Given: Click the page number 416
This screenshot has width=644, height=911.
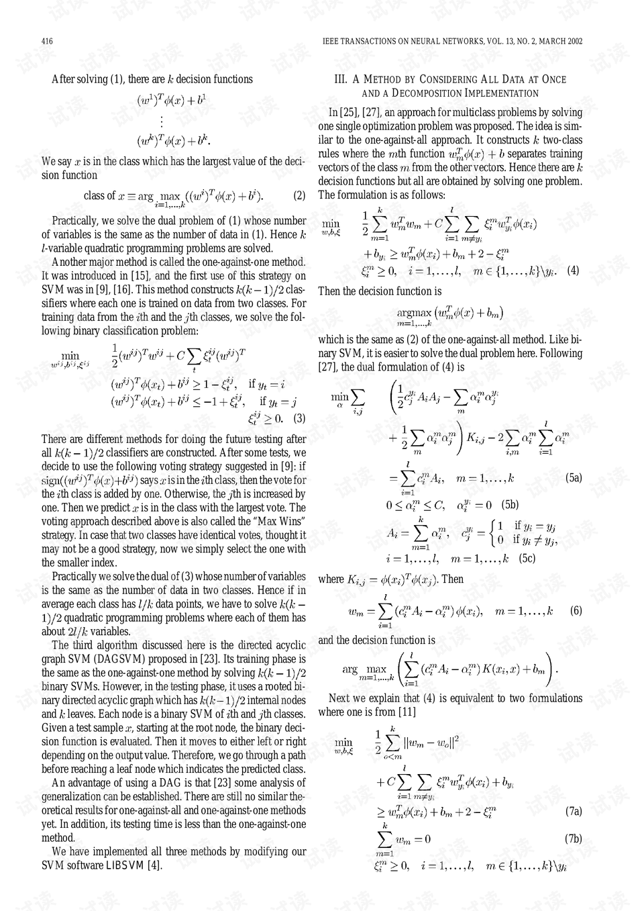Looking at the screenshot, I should click(x=47, y=42).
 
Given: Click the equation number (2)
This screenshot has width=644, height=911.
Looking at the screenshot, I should click(x=299, y=196).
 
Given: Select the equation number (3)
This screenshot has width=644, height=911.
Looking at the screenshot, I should click(x=299, y=419).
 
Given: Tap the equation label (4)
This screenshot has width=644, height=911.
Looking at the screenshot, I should click(x=573, y=271).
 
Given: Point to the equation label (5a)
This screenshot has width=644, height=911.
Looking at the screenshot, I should click(x=574, y=479).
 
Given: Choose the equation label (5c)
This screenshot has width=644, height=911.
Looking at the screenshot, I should click(x=527, y=559).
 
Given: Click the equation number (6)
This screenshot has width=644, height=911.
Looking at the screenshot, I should click(x=576, y=611).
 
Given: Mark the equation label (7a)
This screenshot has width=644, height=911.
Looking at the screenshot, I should click(x=574, y=812).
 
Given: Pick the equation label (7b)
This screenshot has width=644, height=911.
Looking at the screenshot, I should click(x=574, y=839).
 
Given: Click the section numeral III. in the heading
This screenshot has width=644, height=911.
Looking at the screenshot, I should click(x=341, y=79).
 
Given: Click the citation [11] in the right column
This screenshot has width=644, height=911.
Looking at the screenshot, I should click(x=407, y=712).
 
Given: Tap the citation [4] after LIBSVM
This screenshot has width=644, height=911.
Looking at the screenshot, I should click(x=154, y=865).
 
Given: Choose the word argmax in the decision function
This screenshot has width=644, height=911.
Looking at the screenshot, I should click(x=414, y=312).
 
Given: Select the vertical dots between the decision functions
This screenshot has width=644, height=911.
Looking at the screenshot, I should click(x=162, y=122).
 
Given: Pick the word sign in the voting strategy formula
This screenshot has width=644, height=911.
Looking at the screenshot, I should click(x=51, y=481).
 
